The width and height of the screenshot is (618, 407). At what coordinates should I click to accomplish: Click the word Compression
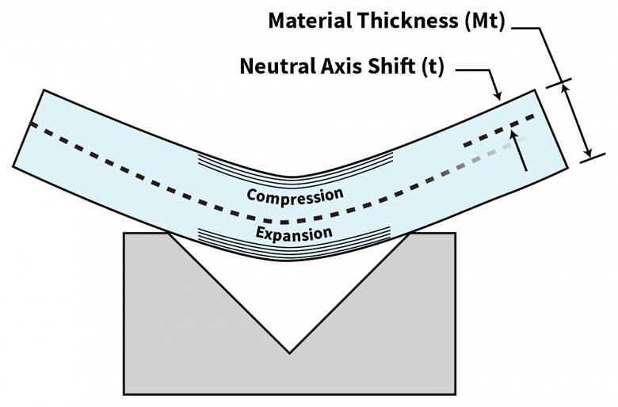296,196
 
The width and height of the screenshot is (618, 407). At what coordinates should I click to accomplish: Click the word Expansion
294,234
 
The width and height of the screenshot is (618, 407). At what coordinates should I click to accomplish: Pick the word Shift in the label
391,66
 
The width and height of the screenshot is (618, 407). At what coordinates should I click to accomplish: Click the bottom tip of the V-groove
289,353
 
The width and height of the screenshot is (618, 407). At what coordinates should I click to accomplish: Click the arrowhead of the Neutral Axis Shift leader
498,96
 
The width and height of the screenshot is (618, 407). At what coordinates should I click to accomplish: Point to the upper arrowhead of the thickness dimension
566,89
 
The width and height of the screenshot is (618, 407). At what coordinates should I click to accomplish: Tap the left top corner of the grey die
124,234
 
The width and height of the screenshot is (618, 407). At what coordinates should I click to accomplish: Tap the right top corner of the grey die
456,234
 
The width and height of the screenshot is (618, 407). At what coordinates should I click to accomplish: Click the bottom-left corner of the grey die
124,394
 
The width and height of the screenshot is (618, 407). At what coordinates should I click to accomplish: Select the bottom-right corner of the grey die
456,394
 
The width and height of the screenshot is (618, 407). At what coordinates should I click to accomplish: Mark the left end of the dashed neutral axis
32,124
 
